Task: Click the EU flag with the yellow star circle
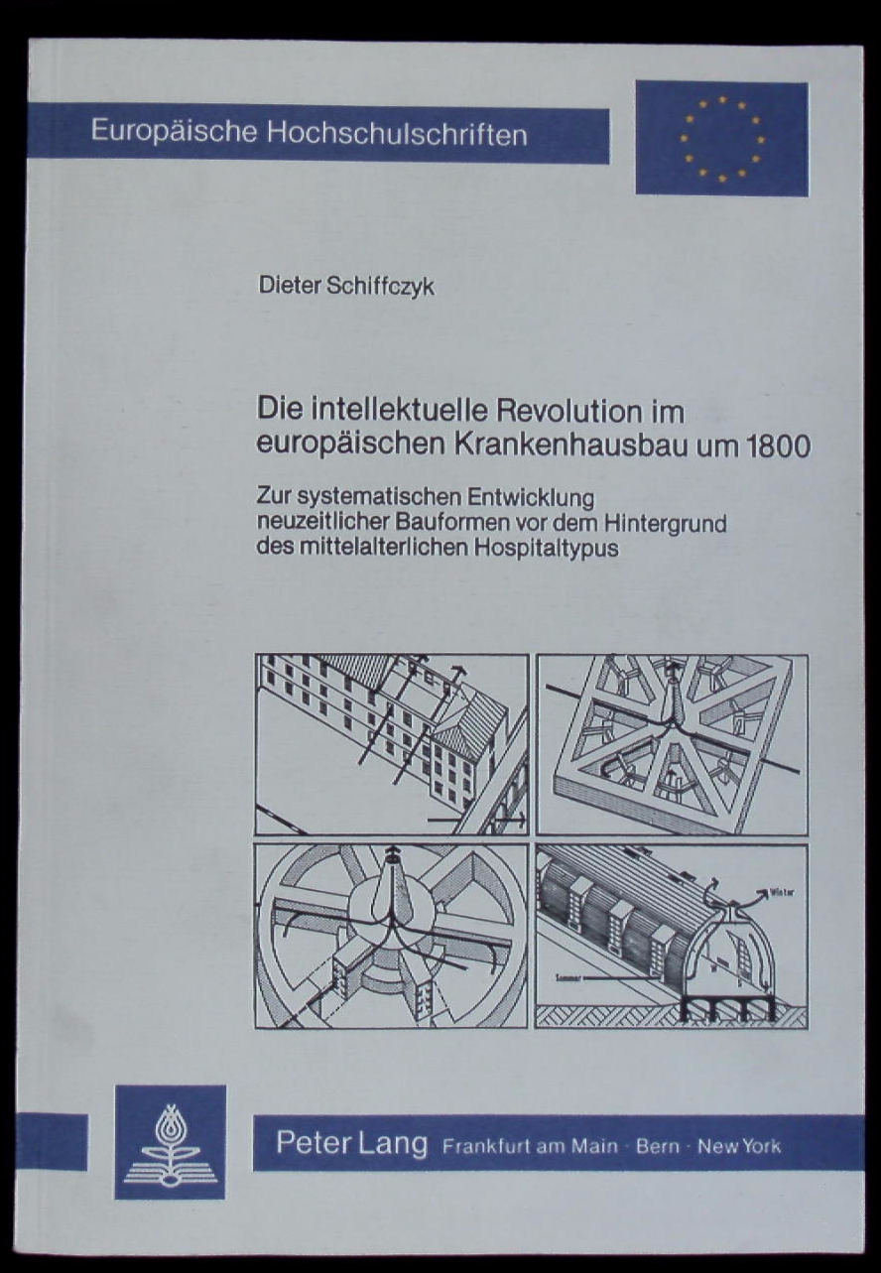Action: pos(721,138)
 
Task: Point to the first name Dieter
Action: pos(283,288)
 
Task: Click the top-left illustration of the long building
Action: pos(391,743)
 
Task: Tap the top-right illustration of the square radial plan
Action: pos(672,743)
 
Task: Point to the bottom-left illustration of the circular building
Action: pos(391,935)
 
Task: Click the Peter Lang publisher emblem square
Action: pos(170,1142)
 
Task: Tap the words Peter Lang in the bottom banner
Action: pos(351,1144)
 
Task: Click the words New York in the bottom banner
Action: pos(739,1146)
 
